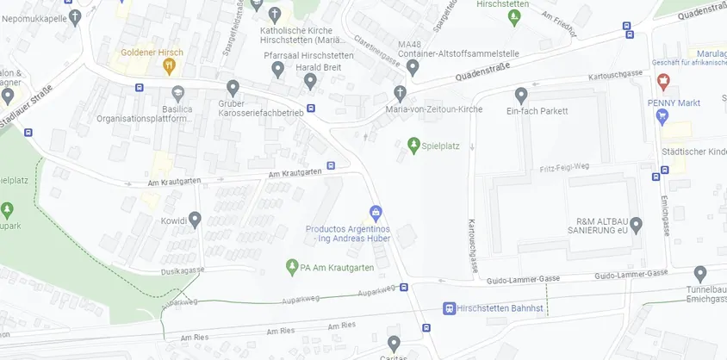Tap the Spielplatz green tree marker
413,145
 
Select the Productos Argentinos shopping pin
375,212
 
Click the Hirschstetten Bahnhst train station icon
448,308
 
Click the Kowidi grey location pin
195,220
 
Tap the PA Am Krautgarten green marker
292,267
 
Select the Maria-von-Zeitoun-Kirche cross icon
400,92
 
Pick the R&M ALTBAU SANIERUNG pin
636,225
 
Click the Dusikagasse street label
182,270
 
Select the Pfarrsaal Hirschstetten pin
277,69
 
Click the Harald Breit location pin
311,81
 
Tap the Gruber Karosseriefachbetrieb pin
233,87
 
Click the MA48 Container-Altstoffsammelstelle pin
413,68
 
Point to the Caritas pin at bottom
394,343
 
